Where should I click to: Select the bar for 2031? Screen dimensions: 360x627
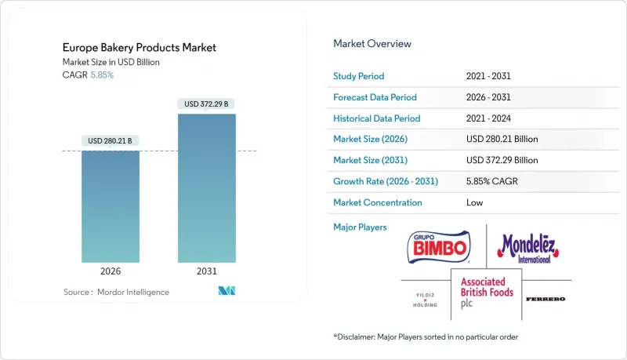(x=206, y=188)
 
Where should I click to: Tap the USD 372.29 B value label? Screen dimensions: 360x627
(x=206, y=104)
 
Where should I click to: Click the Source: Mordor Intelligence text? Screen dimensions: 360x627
(x=116, y=292)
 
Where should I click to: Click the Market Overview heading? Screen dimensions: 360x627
(x=372, y=44)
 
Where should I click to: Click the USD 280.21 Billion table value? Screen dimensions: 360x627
(x=502, y=139)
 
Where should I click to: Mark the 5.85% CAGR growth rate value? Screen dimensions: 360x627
(x=491, y=181)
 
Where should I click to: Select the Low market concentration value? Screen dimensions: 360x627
(x=473, y=202)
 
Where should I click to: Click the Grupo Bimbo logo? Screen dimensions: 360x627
(x=438, y=247)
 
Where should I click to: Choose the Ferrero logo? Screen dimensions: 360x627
(x=545, y=300)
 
